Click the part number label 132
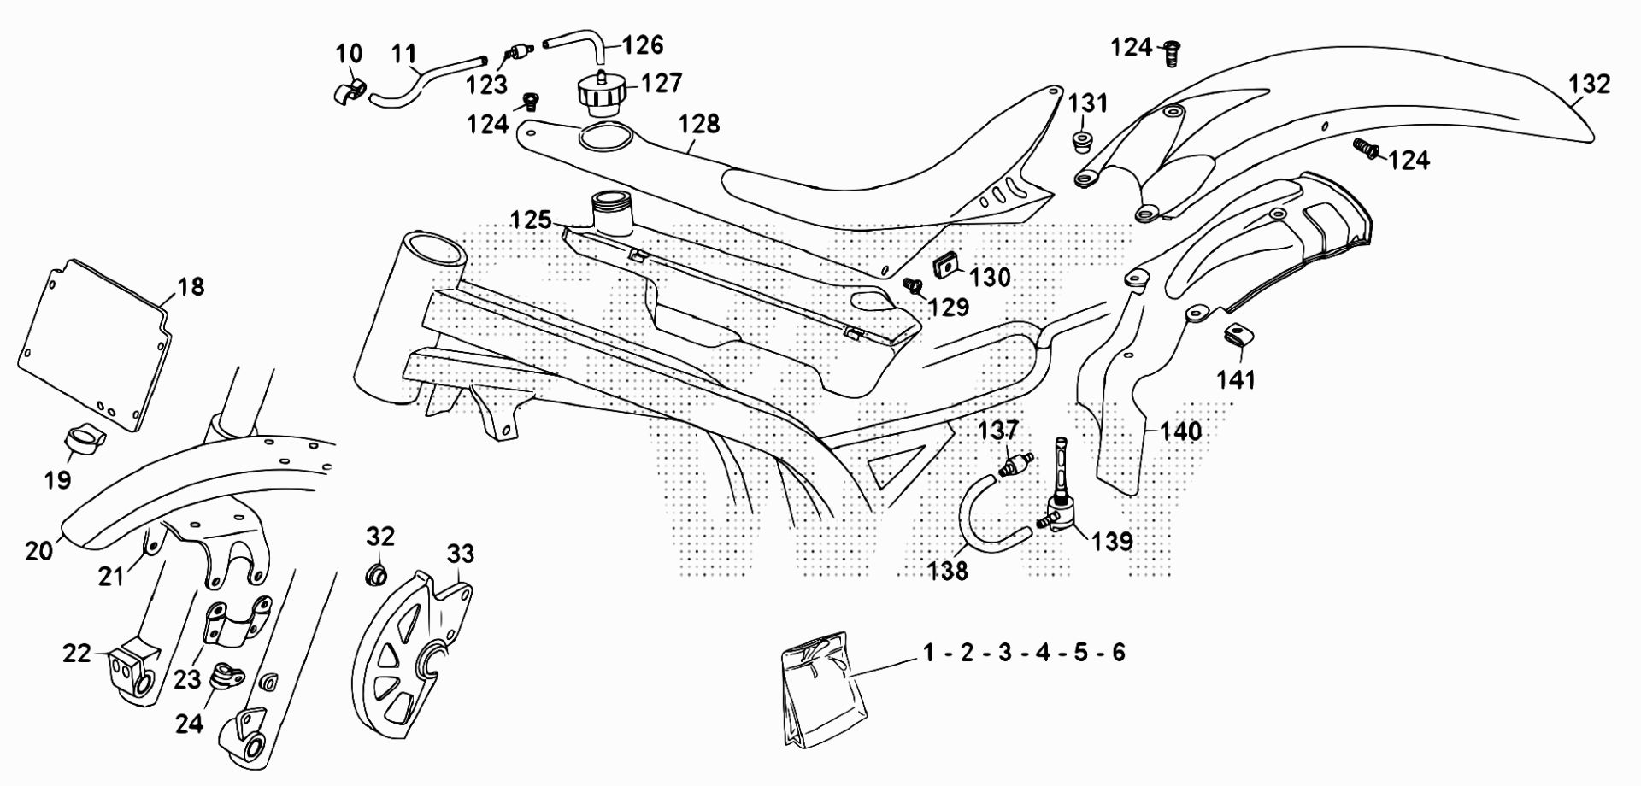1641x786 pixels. (1589, 84)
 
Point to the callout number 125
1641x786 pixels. (531, 220)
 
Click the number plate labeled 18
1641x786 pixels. (95, 342)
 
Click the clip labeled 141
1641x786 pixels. (1235, 334)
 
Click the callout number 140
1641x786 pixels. (1180, 431)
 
